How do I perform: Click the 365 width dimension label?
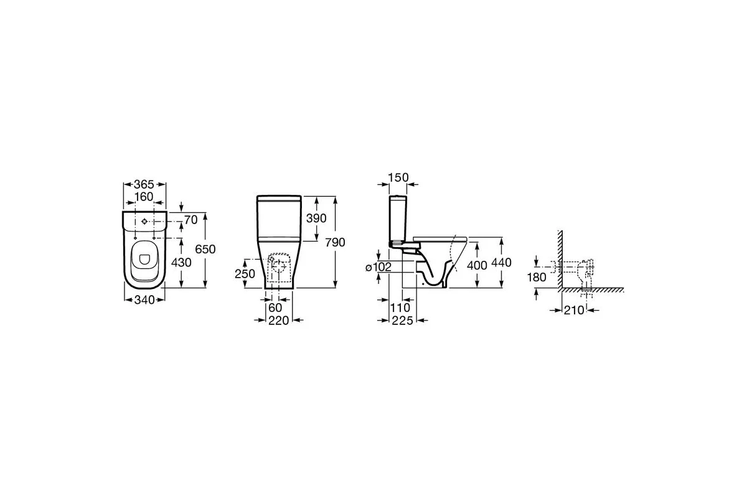144,184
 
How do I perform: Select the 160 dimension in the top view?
144,197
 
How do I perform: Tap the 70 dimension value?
190,220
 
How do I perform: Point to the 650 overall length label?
205,249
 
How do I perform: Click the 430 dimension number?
181,263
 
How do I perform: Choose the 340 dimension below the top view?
144,300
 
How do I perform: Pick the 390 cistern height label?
316,218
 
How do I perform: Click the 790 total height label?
335,242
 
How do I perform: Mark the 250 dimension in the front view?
245,274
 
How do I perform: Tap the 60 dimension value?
275,308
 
